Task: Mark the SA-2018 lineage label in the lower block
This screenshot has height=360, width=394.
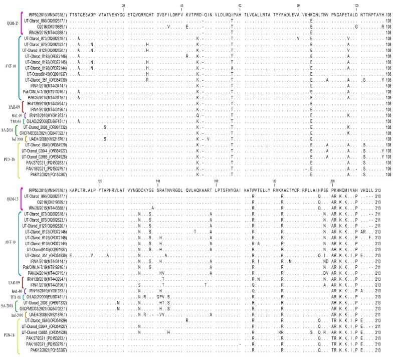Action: tap(9, 306)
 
